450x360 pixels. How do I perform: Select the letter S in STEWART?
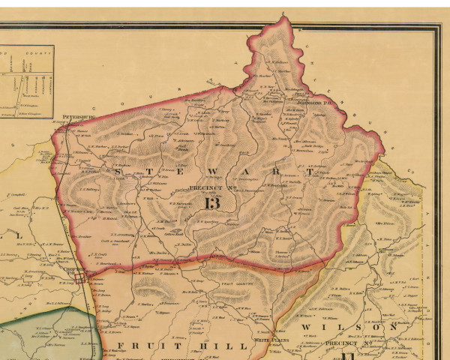click(121, 172)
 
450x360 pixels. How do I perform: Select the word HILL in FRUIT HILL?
click(229, 346)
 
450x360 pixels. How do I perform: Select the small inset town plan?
click(26, 82)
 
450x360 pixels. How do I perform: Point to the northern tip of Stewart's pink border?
click(283, 16)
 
